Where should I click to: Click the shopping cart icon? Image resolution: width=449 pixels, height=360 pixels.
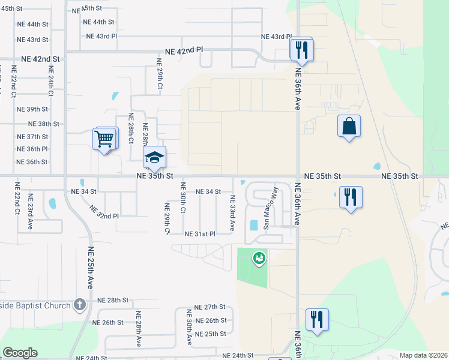pos(104,140)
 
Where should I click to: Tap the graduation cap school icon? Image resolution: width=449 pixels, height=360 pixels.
pos(154,158)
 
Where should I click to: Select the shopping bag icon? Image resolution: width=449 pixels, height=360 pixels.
pos(349,127)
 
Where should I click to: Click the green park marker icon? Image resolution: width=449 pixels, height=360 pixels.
pos(259,258)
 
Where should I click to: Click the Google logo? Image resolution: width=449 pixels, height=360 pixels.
pos(20,353)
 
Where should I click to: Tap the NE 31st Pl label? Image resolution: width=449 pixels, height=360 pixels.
pos(200,233)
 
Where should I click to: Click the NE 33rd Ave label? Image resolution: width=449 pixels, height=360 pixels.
pos(232,213)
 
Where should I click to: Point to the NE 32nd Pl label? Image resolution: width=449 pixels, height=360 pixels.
pos(104,212)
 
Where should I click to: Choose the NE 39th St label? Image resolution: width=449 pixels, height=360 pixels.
pos(32,109)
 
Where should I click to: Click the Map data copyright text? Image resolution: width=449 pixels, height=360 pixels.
pos(423,355)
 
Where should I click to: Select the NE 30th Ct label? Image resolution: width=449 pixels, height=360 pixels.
pos(182,199)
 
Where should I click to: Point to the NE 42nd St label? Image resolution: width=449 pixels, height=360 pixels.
pos(40,59)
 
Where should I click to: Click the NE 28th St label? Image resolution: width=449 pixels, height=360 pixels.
pos(113,300)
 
